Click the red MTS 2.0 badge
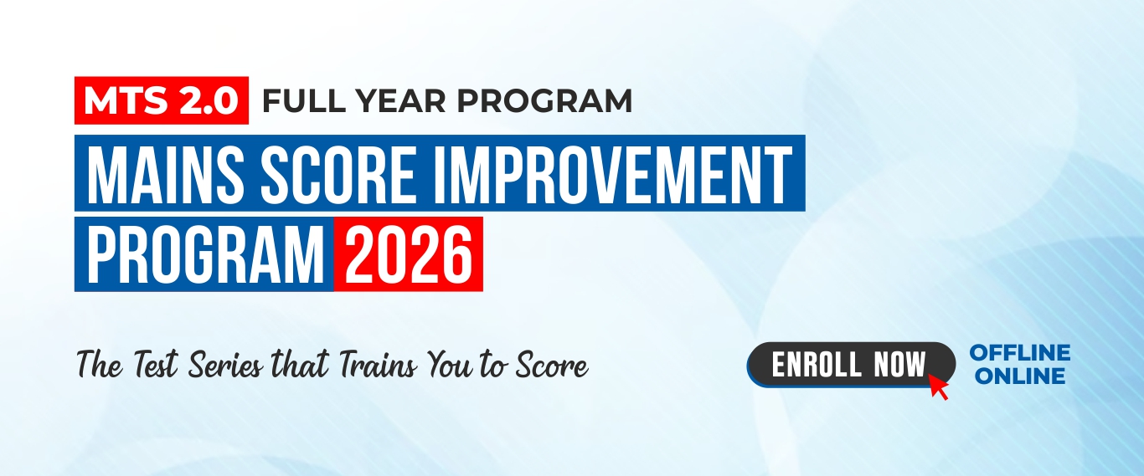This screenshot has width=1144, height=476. click(x=162, y=100)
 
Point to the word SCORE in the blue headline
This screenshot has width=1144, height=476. click(x=338, y=174)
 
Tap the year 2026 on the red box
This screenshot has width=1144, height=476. click(x=409, y=254)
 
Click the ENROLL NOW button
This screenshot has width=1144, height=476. click(x=851, y=364)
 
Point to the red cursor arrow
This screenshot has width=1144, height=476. click(x=937, y=386)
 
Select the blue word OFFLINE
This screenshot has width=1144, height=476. click(x=1020, y=352)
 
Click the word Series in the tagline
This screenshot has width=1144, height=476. click(x=226, y=365)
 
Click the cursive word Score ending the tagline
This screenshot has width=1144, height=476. click(x=552, y=366)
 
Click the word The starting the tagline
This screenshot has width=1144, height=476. click(x=100, y=365)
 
